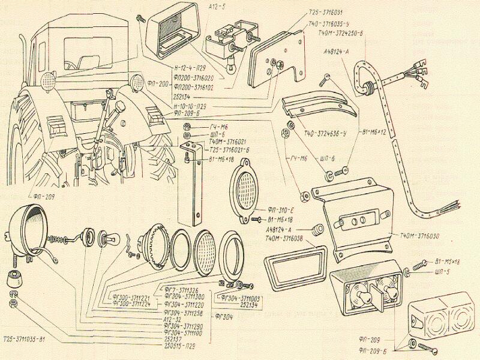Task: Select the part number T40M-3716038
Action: pyautogui.click(x=284, y=239)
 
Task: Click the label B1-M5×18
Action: pyautogui.click(x=447, y=262)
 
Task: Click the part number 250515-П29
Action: pyautogui.click(x=181, y=346)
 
